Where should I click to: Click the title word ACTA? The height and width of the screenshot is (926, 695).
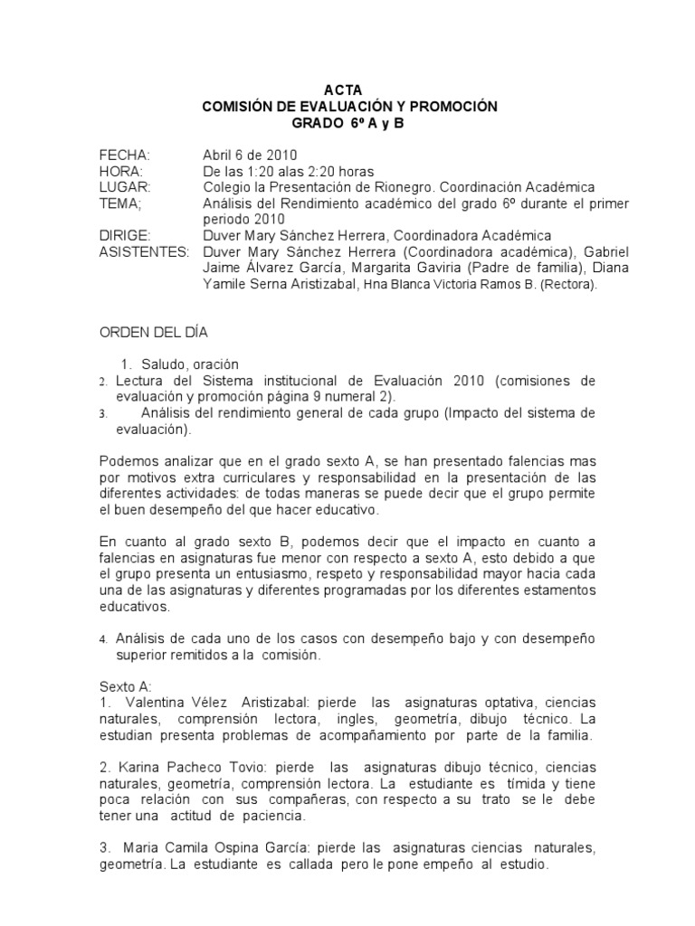349,90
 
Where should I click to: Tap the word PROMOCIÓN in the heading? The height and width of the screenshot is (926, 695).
453,107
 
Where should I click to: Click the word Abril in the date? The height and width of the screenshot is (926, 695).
219,155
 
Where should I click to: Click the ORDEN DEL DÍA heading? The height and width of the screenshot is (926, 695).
154,332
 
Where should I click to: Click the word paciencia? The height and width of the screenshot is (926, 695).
273,816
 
